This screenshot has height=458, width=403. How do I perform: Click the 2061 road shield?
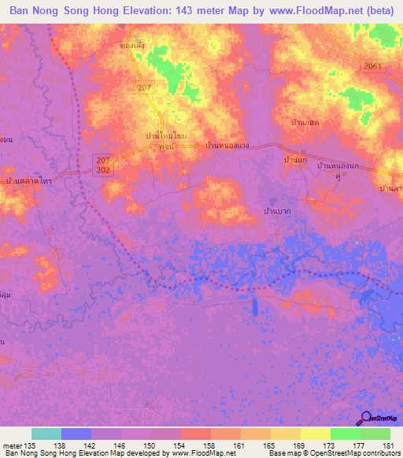[373, 66]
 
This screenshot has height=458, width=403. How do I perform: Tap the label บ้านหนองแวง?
[227, 146]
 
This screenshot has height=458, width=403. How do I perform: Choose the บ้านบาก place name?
[277, 212]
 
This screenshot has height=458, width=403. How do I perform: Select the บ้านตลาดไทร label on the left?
[28, 181]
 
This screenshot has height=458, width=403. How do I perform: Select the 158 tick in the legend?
[211, 446]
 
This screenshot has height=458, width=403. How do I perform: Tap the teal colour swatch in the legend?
[46, 434]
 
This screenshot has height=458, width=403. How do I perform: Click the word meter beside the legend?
[12, 446]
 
